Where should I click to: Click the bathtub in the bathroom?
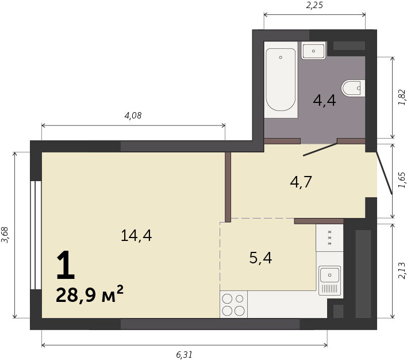click(281, 79)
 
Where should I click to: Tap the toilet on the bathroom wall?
click(354, 88)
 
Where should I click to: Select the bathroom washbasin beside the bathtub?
click(313, 51)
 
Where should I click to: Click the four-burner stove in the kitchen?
click(233, 304)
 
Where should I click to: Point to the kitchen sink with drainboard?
click(329, 281)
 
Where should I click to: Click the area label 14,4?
click(136, 236)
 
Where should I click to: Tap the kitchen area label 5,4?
click(260, 258)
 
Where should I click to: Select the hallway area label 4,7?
click(301, 182)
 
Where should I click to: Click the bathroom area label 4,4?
click(324, 100)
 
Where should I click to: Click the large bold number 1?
click(66, 265)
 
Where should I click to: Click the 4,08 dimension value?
click(133, 116)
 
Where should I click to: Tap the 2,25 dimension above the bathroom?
click(314, 5)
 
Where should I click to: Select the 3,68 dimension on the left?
click(5, 235)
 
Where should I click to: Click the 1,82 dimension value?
click(401, 97)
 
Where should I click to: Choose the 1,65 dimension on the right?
click(401, 180)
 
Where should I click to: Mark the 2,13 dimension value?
click(401, 271)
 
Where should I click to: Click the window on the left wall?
click(36, 235)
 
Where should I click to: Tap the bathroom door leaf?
click(320, 150)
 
